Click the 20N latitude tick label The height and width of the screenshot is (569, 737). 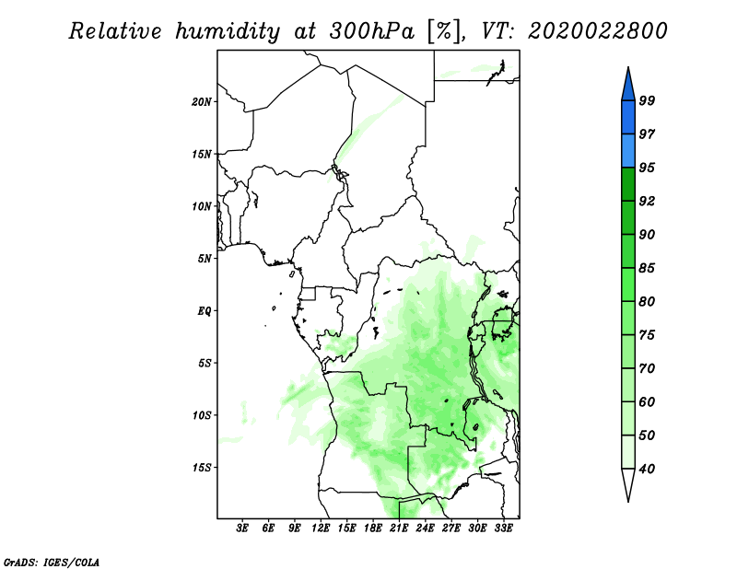201,101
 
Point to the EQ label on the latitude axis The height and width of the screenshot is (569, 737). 205,310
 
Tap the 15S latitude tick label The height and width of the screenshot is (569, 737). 201,468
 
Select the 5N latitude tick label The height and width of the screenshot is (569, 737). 205,259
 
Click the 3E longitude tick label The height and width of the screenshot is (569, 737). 242,528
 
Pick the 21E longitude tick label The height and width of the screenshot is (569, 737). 399,528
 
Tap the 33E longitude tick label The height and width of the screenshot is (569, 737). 503,528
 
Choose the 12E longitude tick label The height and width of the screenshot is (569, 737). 321,528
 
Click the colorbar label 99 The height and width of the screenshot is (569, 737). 647,100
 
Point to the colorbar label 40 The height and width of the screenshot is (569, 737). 647,469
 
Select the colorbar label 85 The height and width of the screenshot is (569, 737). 647,268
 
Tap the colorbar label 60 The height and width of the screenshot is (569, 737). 647,401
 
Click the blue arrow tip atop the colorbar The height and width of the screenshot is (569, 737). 628,67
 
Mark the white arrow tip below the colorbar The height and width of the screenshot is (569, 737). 628,502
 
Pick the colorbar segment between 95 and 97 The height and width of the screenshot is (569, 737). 628,151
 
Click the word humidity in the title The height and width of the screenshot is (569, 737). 228,31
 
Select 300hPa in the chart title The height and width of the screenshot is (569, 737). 372,31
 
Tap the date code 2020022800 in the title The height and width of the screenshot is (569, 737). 597,31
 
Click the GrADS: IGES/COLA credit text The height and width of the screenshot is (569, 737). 52,562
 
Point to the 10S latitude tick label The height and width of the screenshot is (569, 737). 201,415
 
